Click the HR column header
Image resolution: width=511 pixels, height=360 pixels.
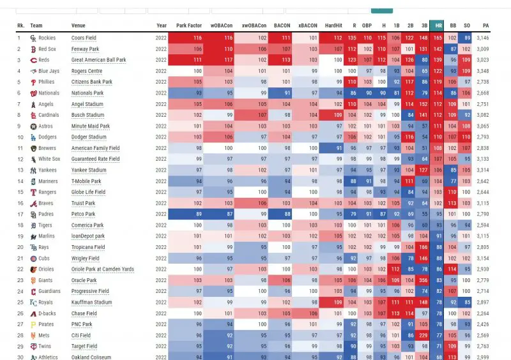pyautogui.click(x=438, y=26)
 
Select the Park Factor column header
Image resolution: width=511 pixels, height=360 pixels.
pyautogui.click(x=189, y=26)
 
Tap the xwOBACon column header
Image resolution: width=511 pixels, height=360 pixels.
pyautogui.click(x=254, y=26)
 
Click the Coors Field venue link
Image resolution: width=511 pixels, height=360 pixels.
pyautogui.click(x=84, y=38)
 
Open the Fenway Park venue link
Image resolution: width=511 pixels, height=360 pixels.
pyautogui.click(x=85, y=49)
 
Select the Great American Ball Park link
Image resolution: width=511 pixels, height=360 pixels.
pyautogui.click(x=98, y=60)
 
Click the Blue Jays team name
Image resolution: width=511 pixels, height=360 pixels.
pyautogui.click(x=49, y=71)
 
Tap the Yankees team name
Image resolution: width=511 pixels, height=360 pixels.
pyautogui.click(x=48, y=170)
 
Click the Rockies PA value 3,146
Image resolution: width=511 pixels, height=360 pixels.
pyautogui.click(x=482, y=38)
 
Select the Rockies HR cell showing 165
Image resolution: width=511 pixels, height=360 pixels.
pyautogui.click(x=438, y=38)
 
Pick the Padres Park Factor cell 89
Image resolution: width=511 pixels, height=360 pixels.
pyautogui.click(x=189, y=214)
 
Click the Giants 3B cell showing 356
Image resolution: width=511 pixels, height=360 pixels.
pyautogui.click(x=423, y=280)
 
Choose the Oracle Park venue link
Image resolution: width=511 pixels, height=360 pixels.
pyautogui.click(x=84, y=280)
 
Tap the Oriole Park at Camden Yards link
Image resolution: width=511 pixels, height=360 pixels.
pyautogui.click(x=102, y=269)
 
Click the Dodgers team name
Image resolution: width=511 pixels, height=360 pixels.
pyautogui.click(x=48, y=137)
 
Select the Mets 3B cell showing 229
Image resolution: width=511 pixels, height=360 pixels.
pyautogui.click(x=423, y=335)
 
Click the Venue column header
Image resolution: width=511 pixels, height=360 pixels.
pyautogui.click(x=79, y=26)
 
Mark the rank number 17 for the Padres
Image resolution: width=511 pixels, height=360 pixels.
pyautogui.click(x=20, y=214)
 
